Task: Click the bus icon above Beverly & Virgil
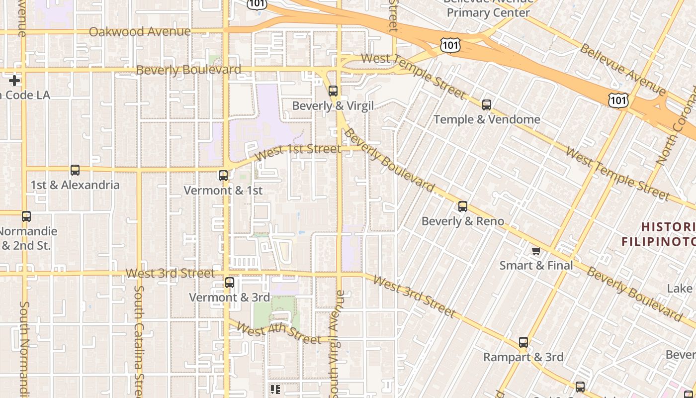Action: coord(333,91)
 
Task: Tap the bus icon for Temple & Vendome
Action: coord(487,105)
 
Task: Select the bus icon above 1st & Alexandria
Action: coord(75,170)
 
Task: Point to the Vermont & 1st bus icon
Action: coord(223,176)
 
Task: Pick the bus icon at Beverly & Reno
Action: coord(463,206)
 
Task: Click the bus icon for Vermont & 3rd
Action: coord(230,283)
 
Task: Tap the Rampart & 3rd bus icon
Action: coord(523,342)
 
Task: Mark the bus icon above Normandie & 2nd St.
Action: coord(26,216)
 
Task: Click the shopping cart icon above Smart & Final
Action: coord(536,251)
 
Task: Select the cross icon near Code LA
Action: coord(14,80)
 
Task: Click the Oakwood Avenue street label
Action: coord(140,32)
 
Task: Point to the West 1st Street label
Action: coord(298,151)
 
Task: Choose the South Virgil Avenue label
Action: coord(338,343)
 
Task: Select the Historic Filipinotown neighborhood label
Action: coord(658,234)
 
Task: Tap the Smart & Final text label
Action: coord(536,265)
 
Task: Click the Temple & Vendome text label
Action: coord(487,119)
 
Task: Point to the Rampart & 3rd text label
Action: coord(523,357)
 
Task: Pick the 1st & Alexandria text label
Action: coord(75,185)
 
